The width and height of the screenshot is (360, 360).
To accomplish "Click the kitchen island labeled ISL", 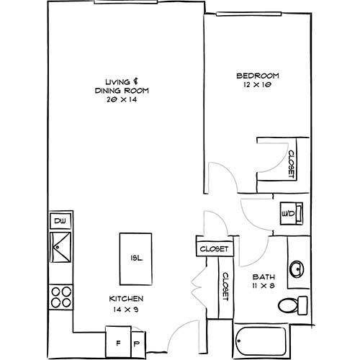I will click(135, 258).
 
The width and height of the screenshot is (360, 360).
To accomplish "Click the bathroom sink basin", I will click(296, 270).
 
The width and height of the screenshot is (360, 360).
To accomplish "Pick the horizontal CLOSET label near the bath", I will click(215, 248).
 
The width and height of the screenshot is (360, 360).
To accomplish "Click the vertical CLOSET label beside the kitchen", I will click(224, 289).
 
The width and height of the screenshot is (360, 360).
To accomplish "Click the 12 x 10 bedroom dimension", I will click(257, 85).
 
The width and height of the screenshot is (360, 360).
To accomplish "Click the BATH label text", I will click(261, 277).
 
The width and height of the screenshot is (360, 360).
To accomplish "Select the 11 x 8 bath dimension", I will click(261, 287).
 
